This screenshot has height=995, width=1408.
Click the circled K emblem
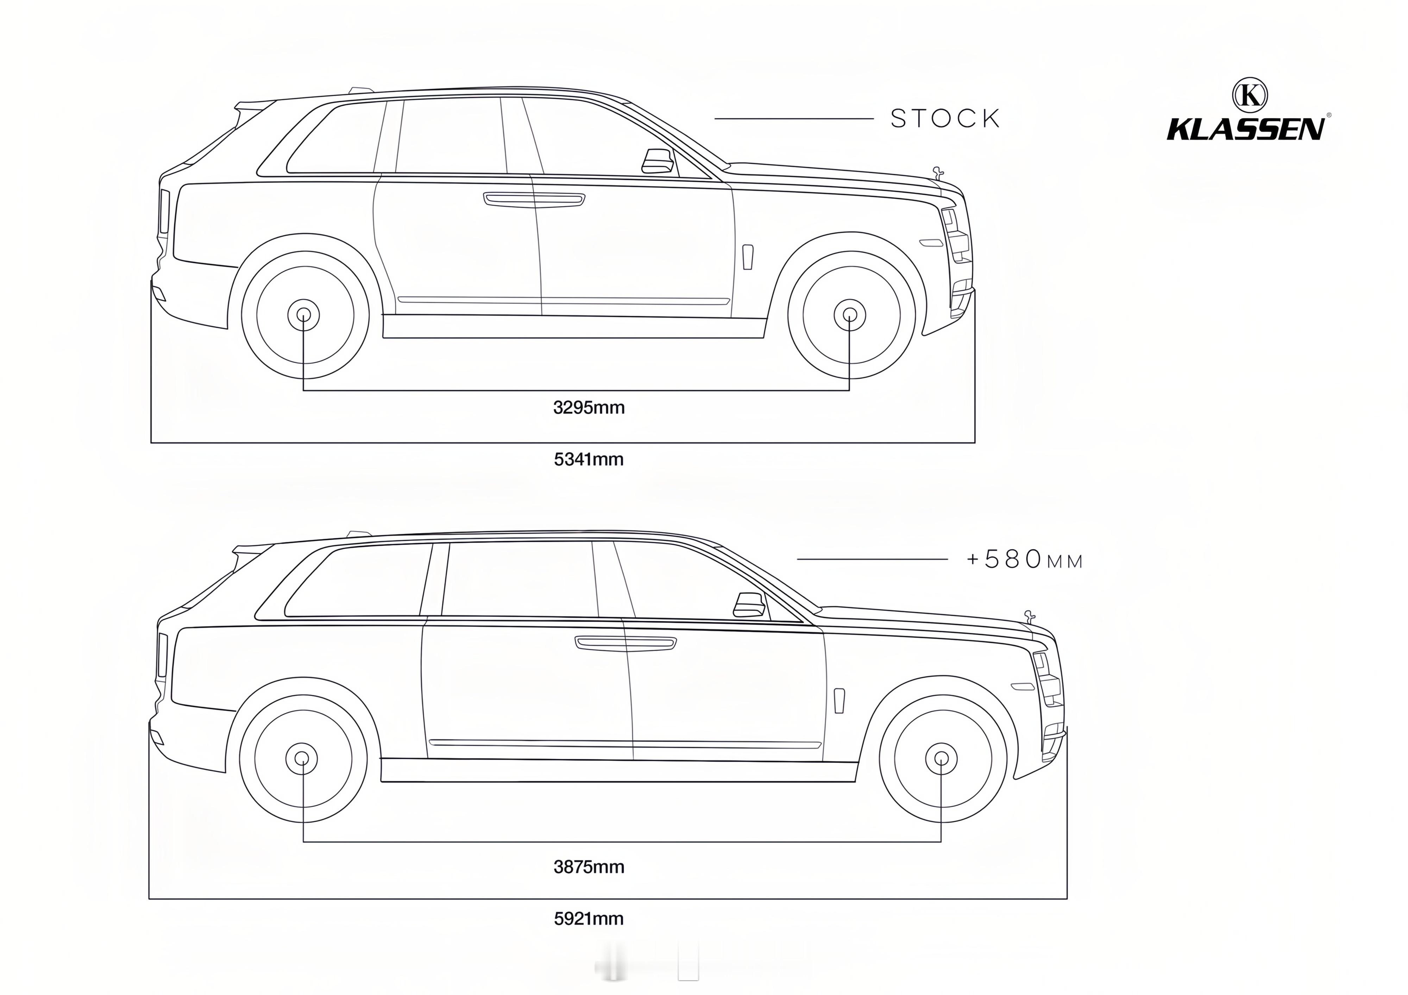1250,95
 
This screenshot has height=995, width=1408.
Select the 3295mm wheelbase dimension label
589,407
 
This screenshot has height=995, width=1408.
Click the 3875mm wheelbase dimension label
589,867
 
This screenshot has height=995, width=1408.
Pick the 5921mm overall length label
589,918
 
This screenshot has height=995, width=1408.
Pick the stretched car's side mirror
749,605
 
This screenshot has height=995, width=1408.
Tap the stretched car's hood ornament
1029,616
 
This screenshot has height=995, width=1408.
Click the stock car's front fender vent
748,257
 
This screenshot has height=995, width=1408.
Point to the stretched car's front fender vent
839,701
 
